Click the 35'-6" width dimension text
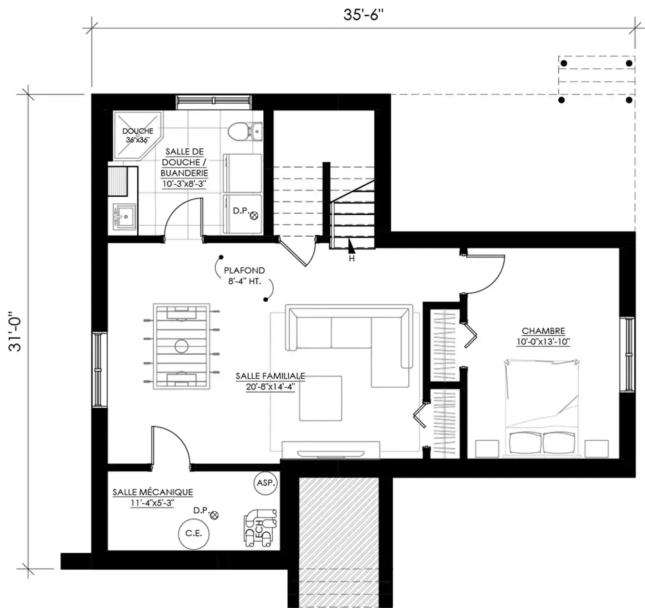(364, 15)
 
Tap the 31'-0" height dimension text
(15, 332)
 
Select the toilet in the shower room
(245, 131)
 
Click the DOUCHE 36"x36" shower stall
(138, 135)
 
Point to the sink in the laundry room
(124, 216)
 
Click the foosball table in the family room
(181, 346)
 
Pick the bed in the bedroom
(542, 408)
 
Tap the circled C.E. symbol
(193, 534)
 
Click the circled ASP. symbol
(266, 483)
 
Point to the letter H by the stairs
(351, 259)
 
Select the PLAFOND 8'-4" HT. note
(244, 276)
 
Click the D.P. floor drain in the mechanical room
(214, 515)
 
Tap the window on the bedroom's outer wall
(627, 354)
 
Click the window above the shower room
(213, 102)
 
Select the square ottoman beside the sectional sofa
(321, 398)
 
